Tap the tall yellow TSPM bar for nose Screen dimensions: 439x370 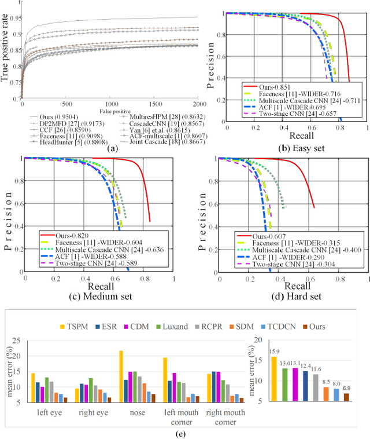tap(121, 376)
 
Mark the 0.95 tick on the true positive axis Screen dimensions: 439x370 tap(10, 18)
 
